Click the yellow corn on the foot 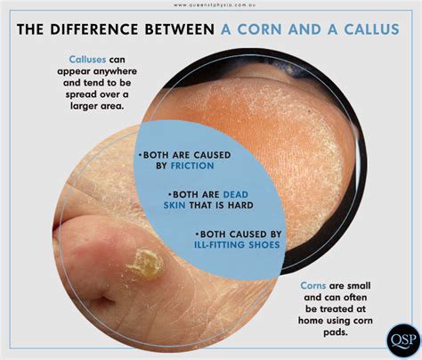pos(145,263)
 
